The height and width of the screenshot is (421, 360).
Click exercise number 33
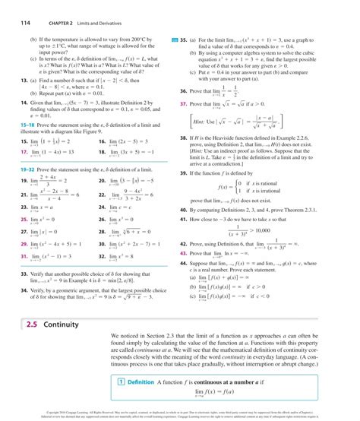click(13, 271)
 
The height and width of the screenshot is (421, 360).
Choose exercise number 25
click(13, 217)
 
